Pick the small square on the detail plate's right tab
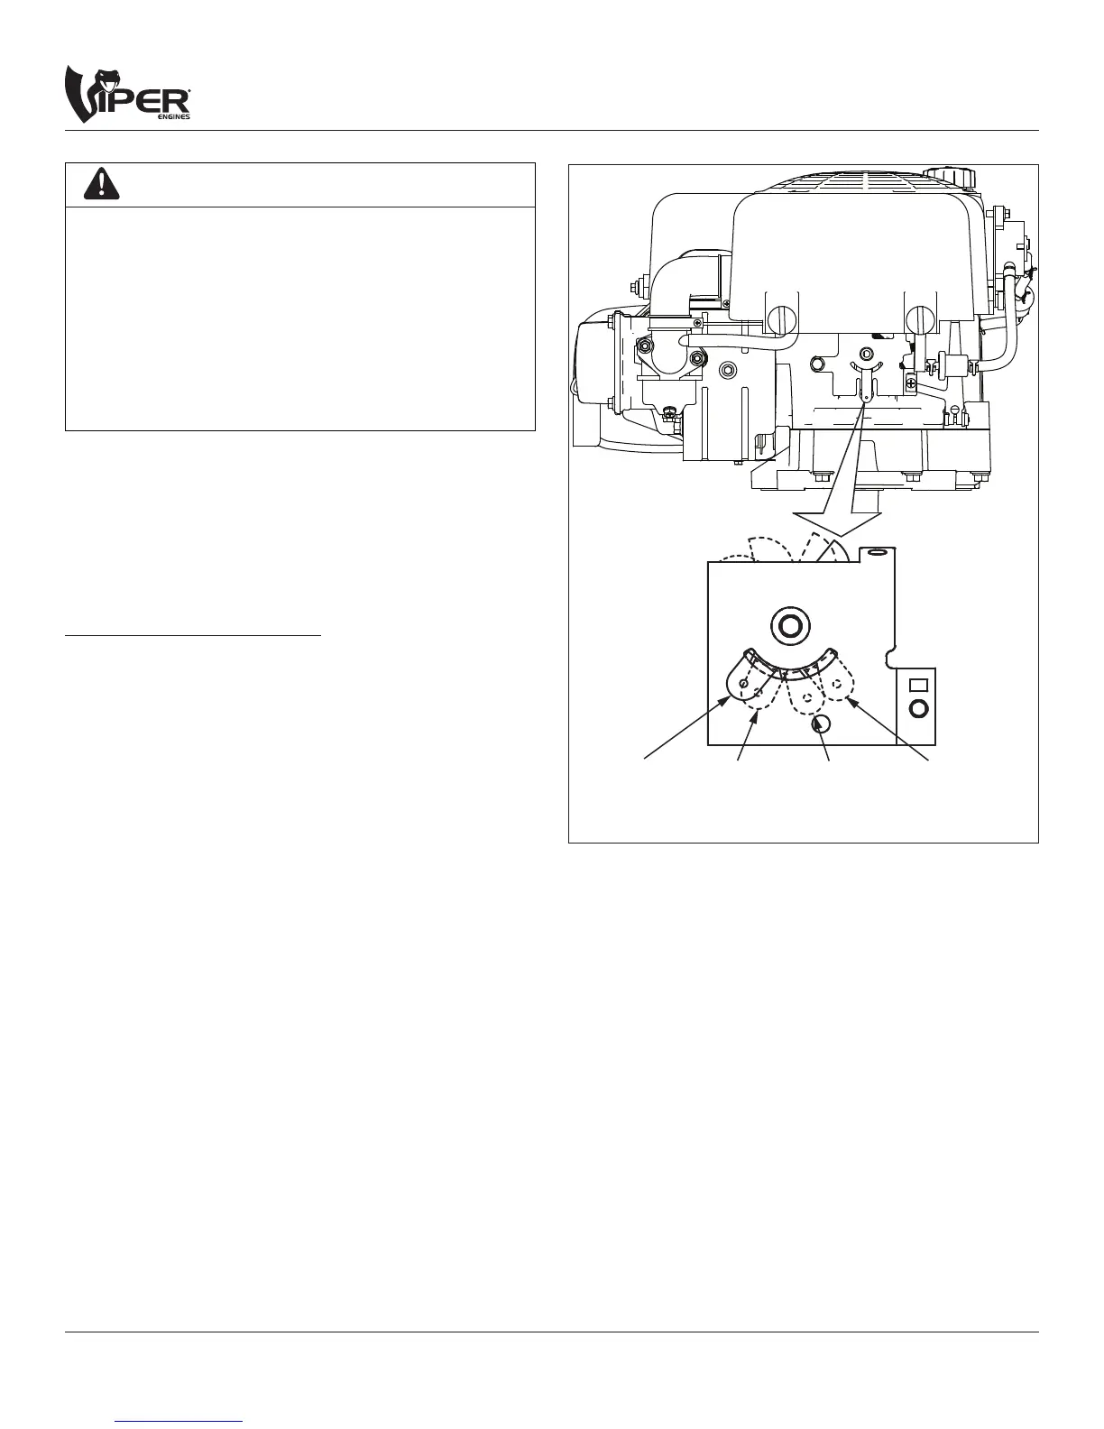[x=918, y=686]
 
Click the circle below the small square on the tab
[x=918, y=709]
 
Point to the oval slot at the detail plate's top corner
[x=874, y=552]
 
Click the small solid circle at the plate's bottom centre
[x=821, y=724]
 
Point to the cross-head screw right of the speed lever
[x=913, y=385]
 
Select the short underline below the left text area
[x=193, y=636]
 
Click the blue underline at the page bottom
[x=180, y=1421]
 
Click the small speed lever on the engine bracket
[x=865, y=383]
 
